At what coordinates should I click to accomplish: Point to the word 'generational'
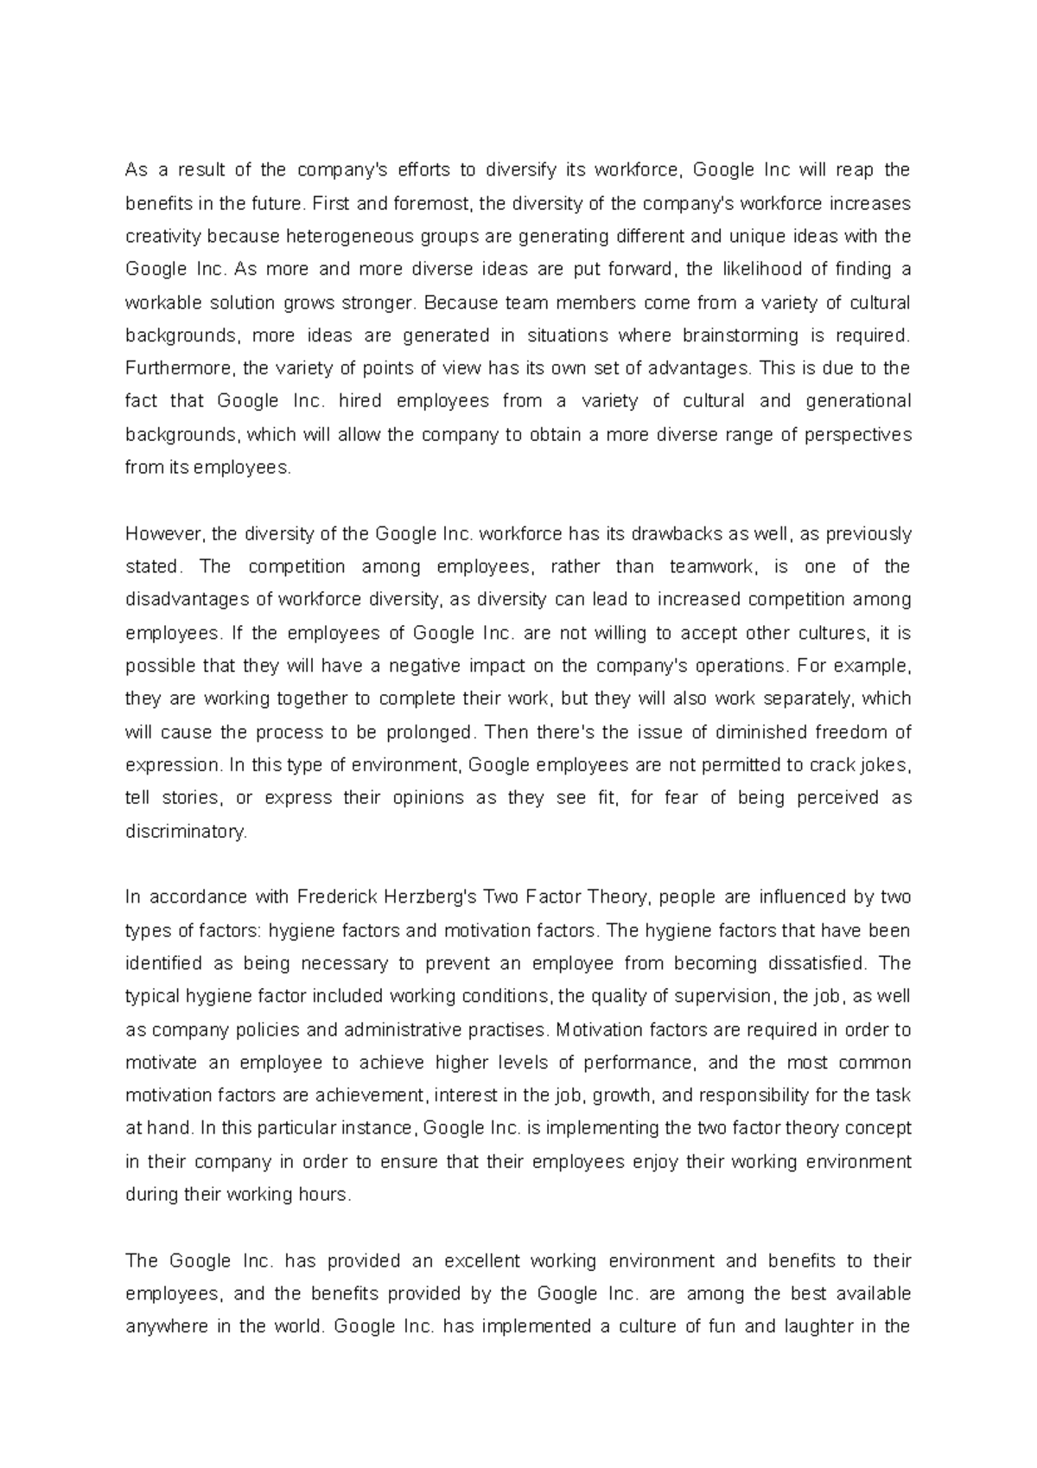[858, 401]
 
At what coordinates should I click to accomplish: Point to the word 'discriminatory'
[186, 832]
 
